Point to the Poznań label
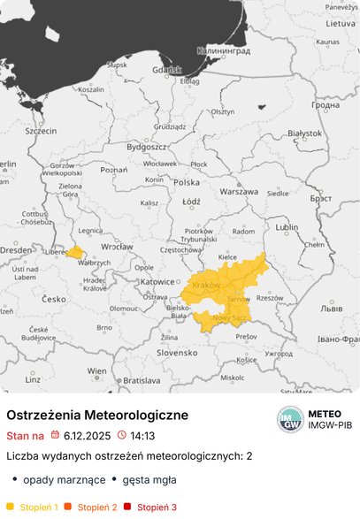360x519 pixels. tap(114, 169)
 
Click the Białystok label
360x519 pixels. tap(305, 134)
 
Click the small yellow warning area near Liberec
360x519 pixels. tap(76, 252)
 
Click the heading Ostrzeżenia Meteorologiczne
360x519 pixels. tap(97, 415)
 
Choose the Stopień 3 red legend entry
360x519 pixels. tap(157, 507)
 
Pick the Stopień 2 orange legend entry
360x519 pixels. tap(97, 507)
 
